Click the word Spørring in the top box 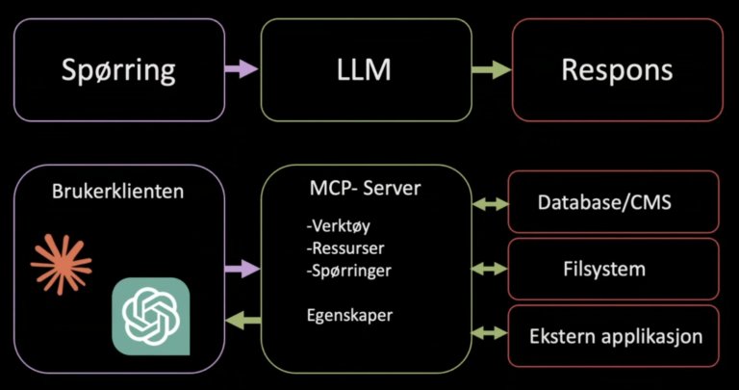click(118, 69)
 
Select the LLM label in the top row click(366, 69)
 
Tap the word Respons click(617, 69)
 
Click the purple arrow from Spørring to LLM click(242, 69)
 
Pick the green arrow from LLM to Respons click(491, 69)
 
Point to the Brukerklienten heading click(118, 191)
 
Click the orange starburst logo click(61, 261)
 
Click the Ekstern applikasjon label click(616, 337)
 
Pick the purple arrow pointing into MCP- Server click(242, 271)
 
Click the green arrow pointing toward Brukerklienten click(242, 321)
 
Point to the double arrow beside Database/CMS click(490, 203)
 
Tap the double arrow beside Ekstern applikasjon click(490, 333)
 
